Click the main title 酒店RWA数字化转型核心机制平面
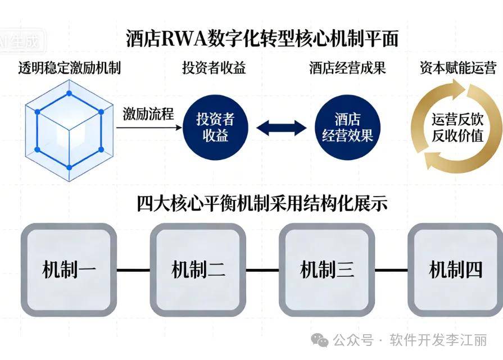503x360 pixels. pyautogui.click(x=262, y=39)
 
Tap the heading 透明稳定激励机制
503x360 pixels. pyautogui.click(x=69, y=69)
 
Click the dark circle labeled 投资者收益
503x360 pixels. pyautogui.click(x=215, y=127)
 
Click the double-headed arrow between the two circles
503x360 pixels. pyautogui.click(x=282, y=127)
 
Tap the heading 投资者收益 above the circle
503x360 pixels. pyautogui.click(x=214, y=69)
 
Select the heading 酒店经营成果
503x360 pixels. pyautogui.click(x=347, y=69)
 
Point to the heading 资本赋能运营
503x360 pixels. pyautogui.click(x=458, y=69)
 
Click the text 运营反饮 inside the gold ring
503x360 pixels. pyautogui.click(x=457, y=119)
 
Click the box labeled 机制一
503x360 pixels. pyautogui.click(x=69, y=270)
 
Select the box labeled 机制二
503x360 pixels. pyautogui.click(x=198, y=270)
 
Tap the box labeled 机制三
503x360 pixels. pyautogui.click(x=327, y=270)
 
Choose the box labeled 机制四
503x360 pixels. pyautogui.click(x=455, y=270)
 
